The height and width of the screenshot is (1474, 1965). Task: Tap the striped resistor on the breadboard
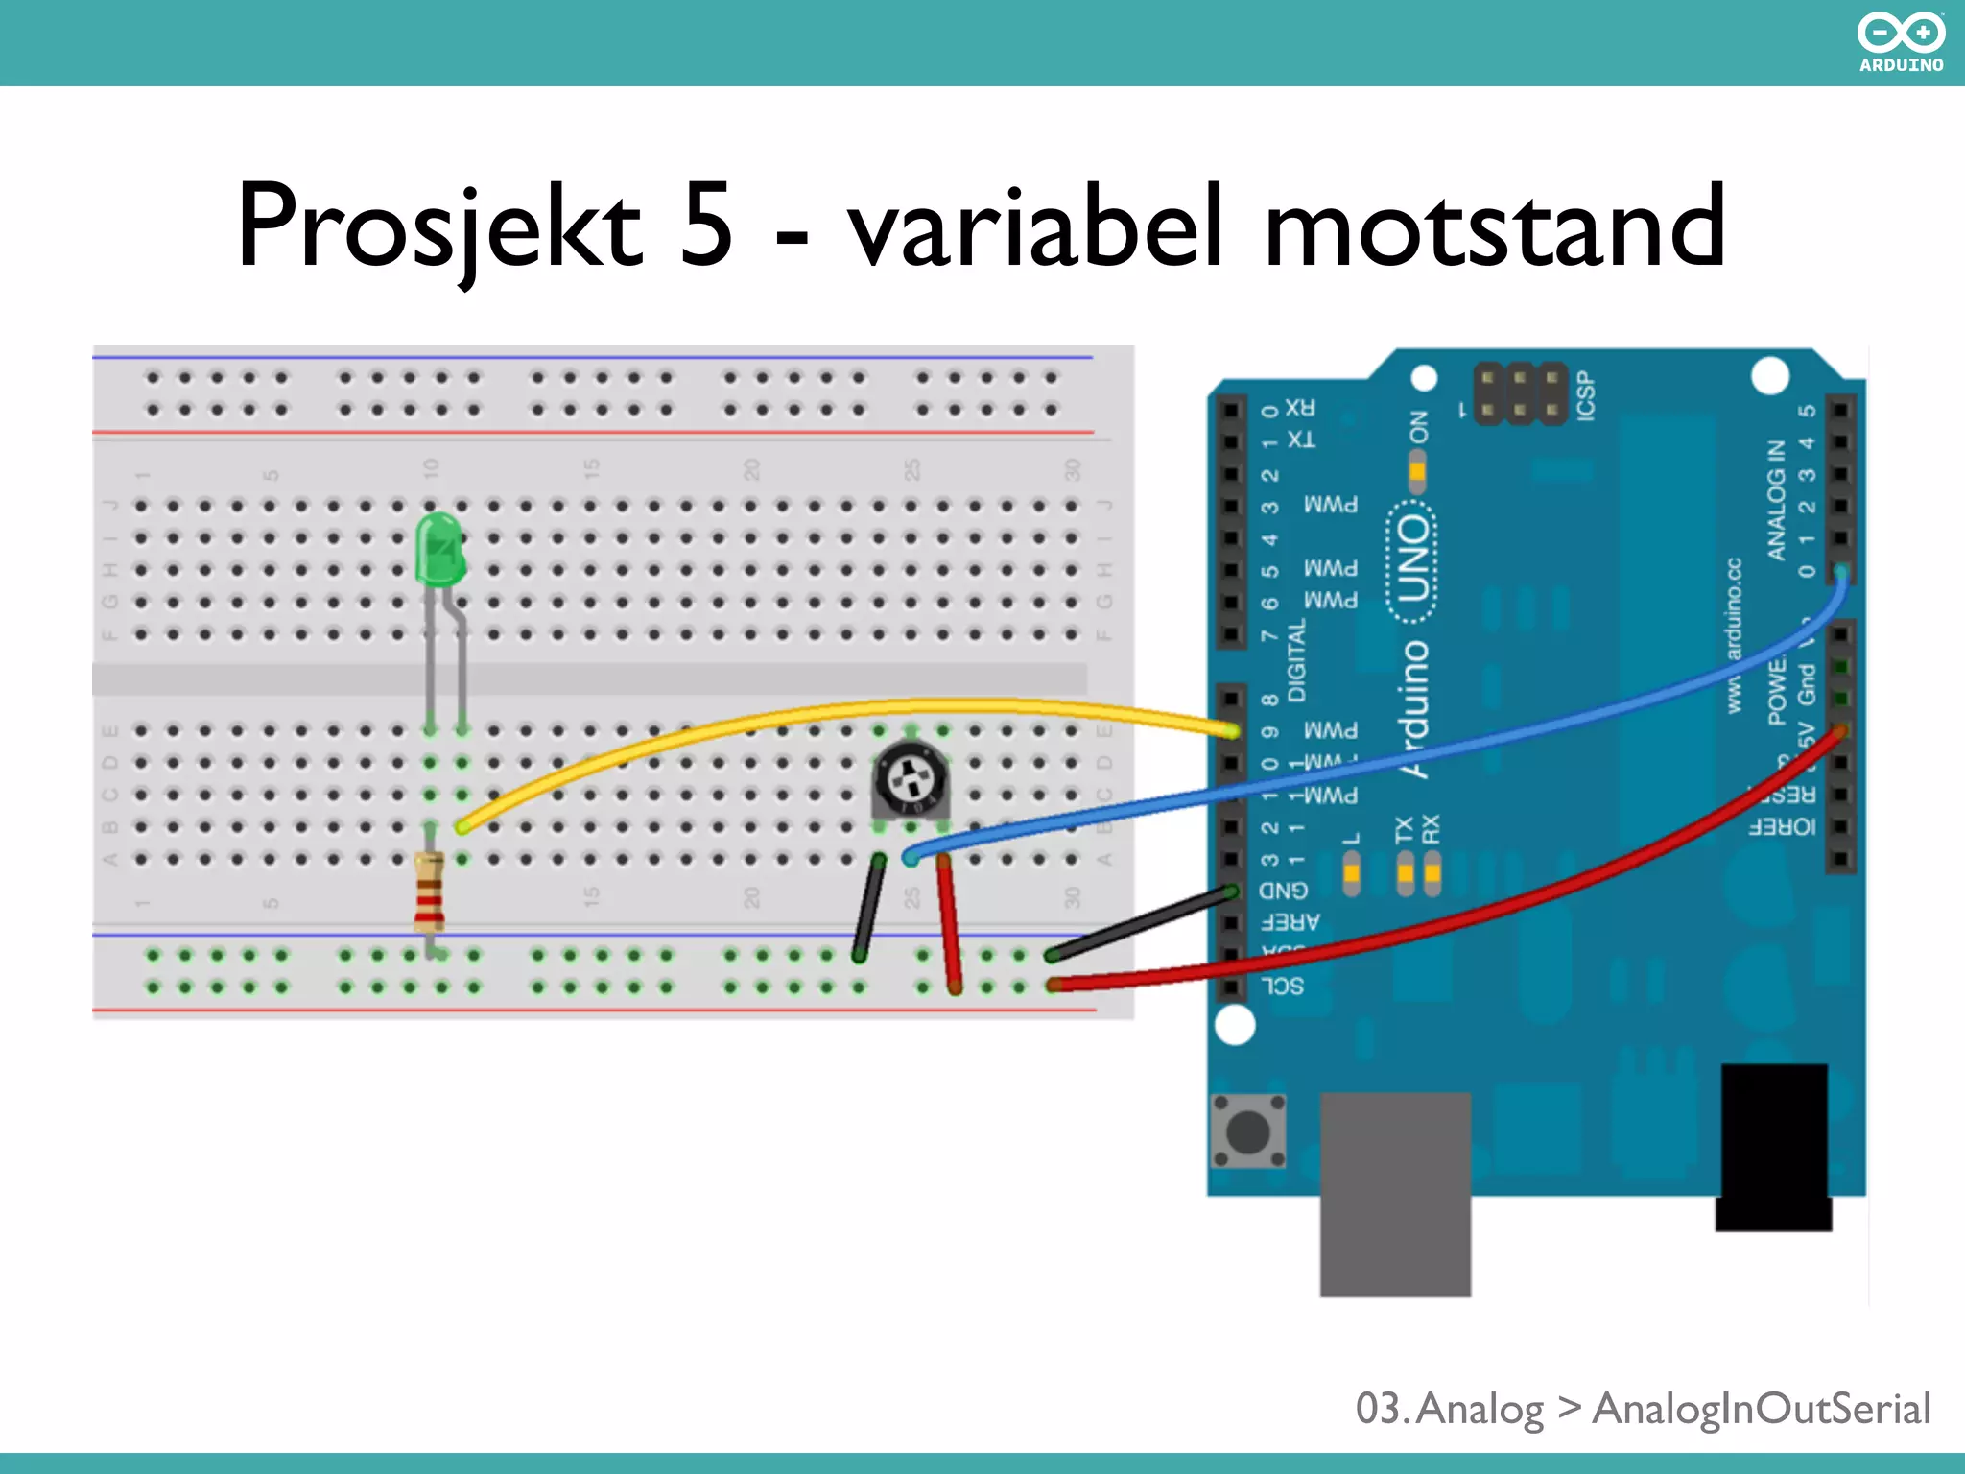click(x=429, y=892)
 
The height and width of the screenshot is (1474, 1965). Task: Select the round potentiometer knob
click(x=909, y=779)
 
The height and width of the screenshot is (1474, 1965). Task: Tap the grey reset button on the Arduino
click(x=1248, y=1131)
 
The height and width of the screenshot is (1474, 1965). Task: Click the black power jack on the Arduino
click(x=1773, y=1146)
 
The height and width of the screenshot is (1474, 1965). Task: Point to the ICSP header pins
click(x=1519, y=394)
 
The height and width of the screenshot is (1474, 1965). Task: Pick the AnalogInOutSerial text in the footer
click(x=1761, y=1409)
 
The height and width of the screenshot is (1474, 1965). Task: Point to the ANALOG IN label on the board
click(x=1776, y=500)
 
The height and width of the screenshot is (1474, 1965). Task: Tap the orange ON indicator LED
click(x=1417, y=471)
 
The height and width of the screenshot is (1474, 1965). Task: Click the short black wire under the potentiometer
click(x=869, y=907)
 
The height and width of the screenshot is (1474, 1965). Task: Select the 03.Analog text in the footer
click(x=1449, y=1409)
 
